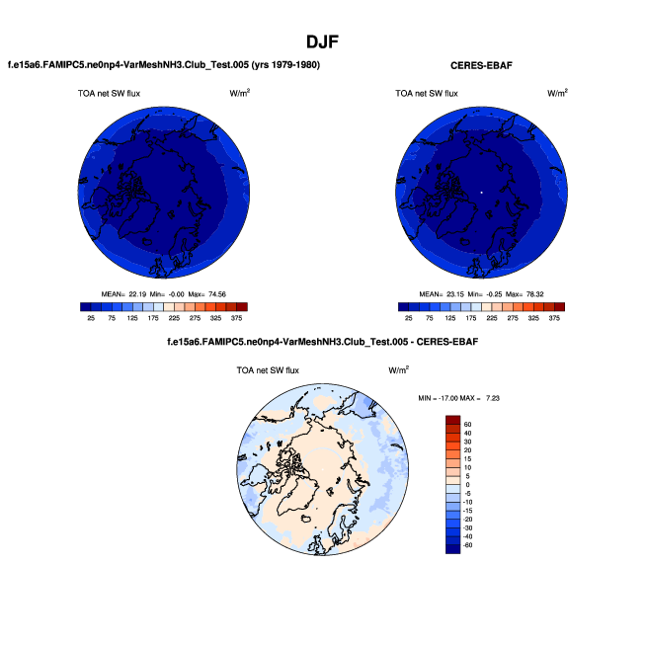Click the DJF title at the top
(x=323, y=41)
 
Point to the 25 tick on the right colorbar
(x=408, y=319)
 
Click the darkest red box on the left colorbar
(x=242, y=307)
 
